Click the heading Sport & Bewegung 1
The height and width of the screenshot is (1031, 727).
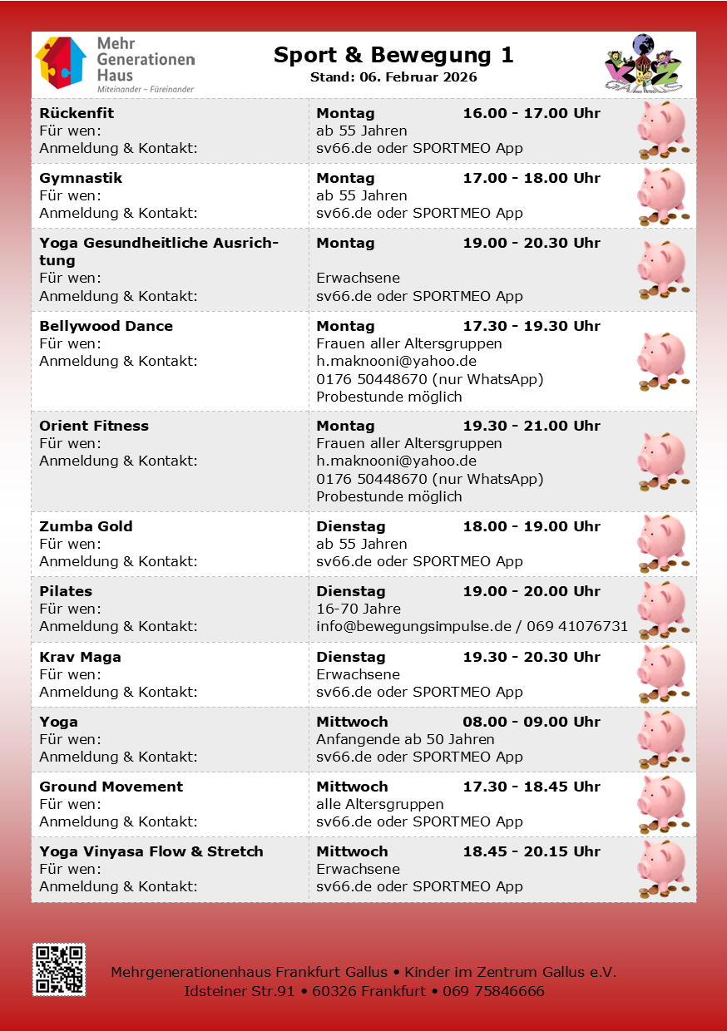393,56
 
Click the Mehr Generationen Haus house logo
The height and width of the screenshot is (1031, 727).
60,62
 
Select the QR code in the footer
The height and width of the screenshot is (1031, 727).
59,969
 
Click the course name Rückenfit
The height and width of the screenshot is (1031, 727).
77,113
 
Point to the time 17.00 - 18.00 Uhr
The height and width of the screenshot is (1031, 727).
531,178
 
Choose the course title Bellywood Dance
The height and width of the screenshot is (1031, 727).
106,326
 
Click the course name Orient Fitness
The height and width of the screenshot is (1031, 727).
94,426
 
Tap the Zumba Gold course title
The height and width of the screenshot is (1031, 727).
86,526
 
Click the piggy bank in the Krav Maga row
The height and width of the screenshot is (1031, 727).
662,673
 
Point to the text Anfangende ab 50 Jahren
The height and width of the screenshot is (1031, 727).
405,739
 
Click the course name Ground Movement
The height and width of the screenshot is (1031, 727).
111,787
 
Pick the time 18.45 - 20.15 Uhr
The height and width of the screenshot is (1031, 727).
531,851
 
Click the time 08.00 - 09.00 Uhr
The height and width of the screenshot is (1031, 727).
531,722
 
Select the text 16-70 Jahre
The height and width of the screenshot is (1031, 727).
359,609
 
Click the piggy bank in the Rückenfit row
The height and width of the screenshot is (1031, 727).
662,130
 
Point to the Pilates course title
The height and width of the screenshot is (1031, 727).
66,591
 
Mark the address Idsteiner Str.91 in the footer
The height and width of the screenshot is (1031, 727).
240,991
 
